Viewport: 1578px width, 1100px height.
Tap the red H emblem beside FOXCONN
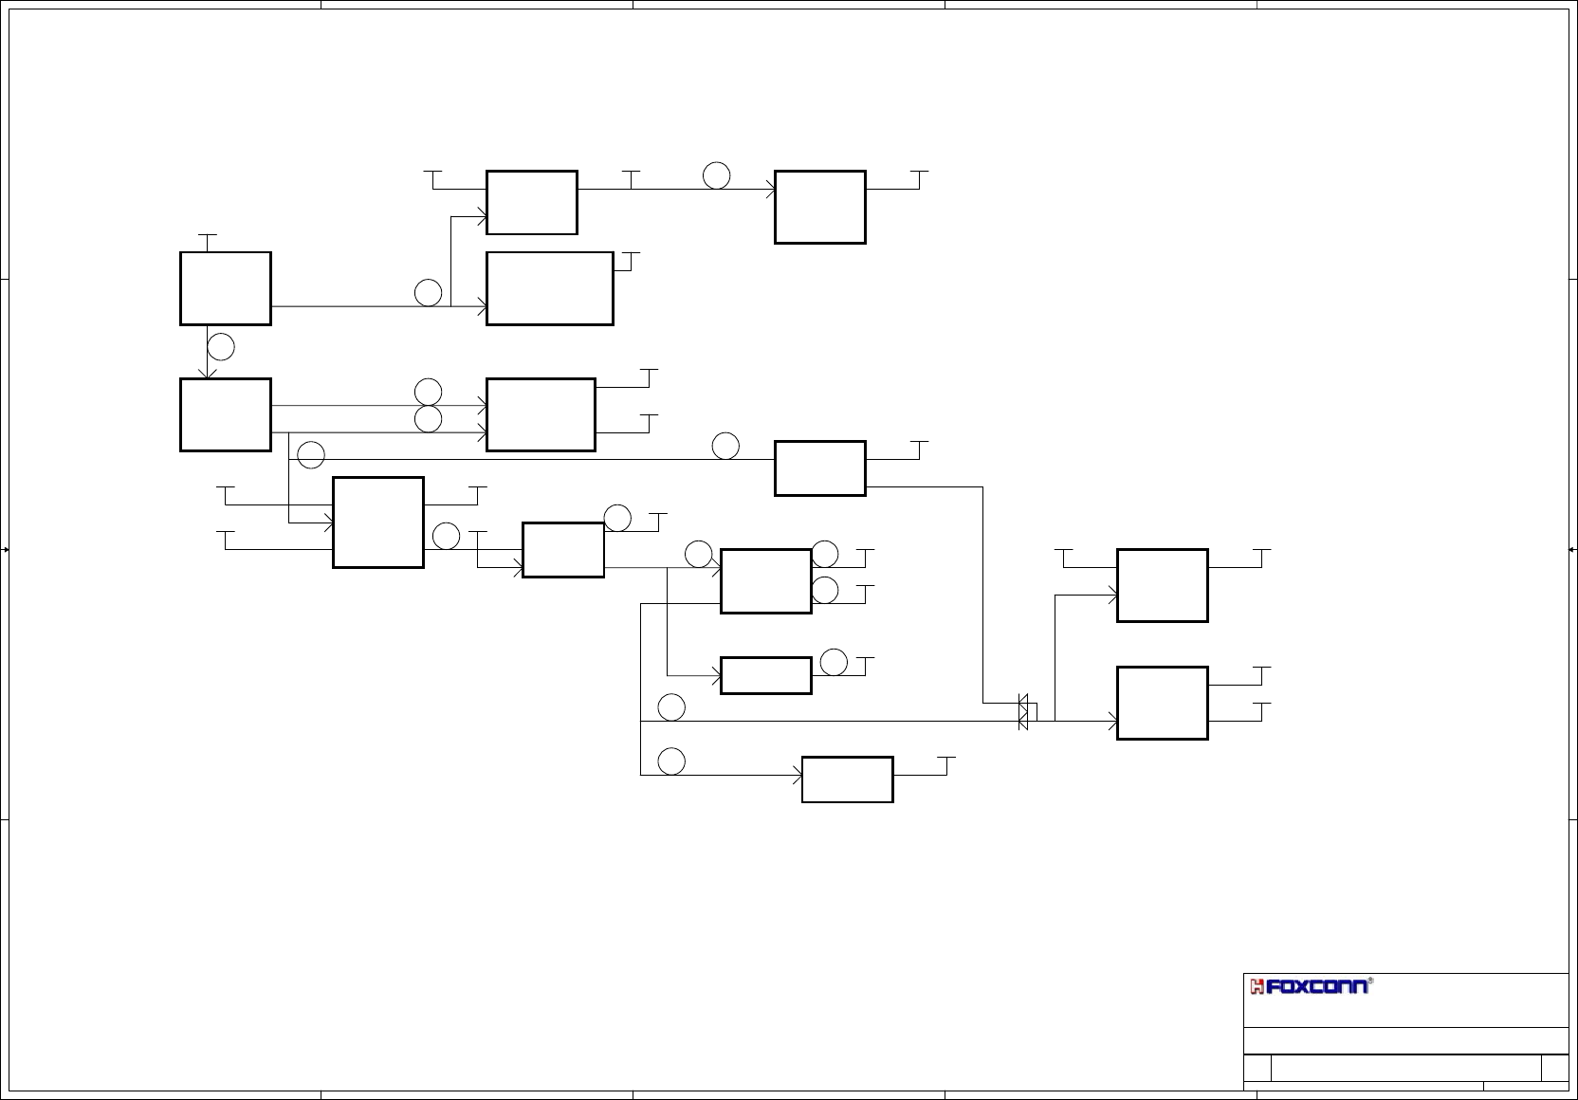click(x=1258, y=987)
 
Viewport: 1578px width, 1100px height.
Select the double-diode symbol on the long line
click(x=1023, y=712)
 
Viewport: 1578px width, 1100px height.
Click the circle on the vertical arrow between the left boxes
click(x=221, y=347)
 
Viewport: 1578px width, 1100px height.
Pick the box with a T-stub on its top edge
click(x=226, y=288)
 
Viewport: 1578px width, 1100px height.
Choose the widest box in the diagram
click(x=549, y=288)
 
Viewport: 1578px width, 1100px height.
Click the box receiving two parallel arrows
click(x=541, y=414)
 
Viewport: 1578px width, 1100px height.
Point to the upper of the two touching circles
click(x=429, y=391)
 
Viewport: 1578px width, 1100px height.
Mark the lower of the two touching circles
click(x=429, y=418)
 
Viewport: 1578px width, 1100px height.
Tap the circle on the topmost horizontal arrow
click(x=717, y=175)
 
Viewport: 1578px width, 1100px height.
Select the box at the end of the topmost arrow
click(x=819, y=207)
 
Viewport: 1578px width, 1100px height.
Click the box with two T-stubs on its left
click(x=377, y=522)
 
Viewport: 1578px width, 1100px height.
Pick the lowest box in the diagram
click(x=847, y=779)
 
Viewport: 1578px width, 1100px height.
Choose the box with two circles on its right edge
click(x=765, y=580)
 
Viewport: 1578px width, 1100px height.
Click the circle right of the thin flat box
click(x=834, y=662)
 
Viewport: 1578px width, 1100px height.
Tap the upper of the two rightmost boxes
click(x=1162, y=585)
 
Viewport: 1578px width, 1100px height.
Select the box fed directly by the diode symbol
click(x=1162, y=703)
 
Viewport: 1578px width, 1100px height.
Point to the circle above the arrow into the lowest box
click(x=672, y=761)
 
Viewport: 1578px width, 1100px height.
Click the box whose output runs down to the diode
click(x=819, y=467)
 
